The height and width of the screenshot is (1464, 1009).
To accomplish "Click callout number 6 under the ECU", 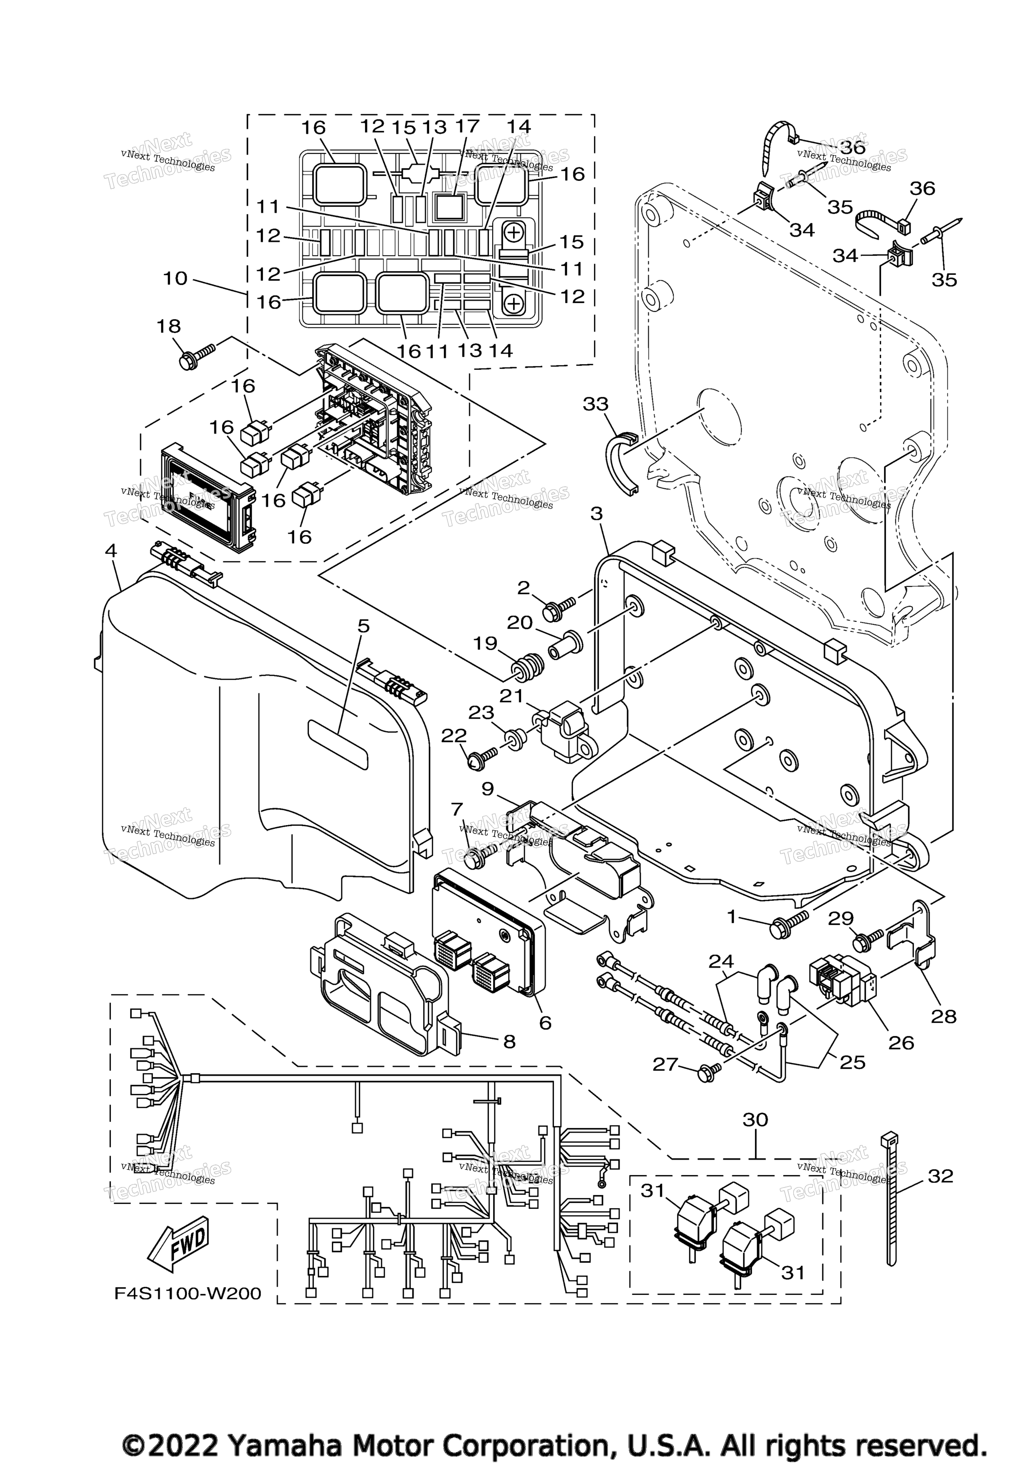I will (545, 1022).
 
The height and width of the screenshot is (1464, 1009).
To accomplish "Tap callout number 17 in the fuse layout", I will (467, 126).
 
